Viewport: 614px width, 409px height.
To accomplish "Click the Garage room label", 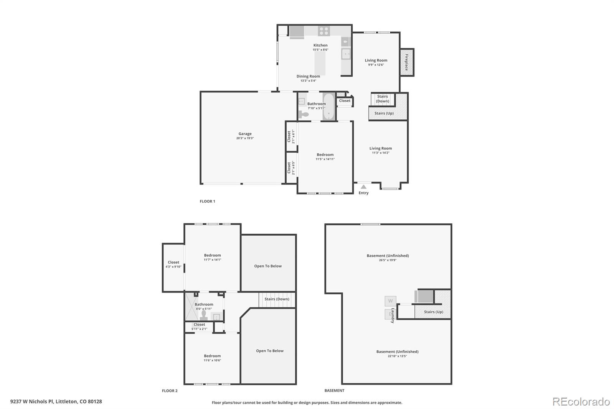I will (245, 134).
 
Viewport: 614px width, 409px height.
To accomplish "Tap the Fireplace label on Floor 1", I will (407, 62).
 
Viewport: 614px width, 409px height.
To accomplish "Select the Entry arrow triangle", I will (363, 187).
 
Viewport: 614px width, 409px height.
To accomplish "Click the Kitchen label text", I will (320, 45).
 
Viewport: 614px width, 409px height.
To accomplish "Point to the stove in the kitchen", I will (324, 31).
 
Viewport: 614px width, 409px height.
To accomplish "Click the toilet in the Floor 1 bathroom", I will (304, 114).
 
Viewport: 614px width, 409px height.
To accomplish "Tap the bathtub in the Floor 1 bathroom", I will (328, 107).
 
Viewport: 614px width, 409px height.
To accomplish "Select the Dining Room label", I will (308, 76).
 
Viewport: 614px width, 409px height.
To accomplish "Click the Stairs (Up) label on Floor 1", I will (384, 113).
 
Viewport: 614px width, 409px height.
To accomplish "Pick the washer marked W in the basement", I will (390, 301).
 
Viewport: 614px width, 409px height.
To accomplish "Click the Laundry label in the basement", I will (393, 315).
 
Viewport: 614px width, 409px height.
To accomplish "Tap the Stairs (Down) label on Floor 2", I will (277, 299).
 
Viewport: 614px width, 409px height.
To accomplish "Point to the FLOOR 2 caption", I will (170, 391).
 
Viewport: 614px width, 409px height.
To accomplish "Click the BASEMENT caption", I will (334, 391).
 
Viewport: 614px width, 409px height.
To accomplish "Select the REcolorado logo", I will (581, 402).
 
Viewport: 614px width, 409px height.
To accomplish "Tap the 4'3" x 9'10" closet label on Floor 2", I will (173, 267).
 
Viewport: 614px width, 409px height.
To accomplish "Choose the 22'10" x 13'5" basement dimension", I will (397, 356).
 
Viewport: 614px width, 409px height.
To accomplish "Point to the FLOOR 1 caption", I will (207, 201).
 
